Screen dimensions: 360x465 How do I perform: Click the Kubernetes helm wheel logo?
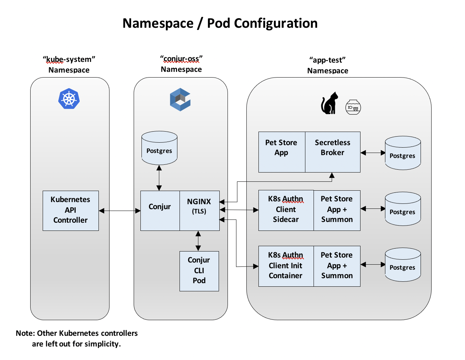[x=69, y=99]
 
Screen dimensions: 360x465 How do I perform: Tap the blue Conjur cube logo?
[x=180, y=100]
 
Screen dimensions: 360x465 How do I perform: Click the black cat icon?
[x=330, y=104]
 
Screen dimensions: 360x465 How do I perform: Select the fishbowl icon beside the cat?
[x=353, y=107]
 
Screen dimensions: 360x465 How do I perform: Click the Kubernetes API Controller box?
[x=70, y=210]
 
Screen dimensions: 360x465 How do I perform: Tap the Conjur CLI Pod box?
[x=199, y=271]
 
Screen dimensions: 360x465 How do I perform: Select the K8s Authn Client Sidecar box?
[x=286, y=210]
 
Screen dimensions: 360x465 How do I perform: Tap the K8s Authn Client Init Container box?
[x=286, y=266]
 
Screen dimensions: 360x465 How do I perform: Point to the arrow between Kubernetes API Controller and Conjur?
[x=119, y=211]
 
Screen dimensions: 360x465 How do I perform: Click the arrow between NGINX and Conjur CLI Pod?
[x=198, y=241]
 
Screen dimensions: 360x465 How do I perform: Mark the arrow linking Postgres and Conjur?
[x=159, y=178]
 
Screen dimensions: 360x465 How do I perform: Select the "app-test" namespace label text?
[x=327, y=60]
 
